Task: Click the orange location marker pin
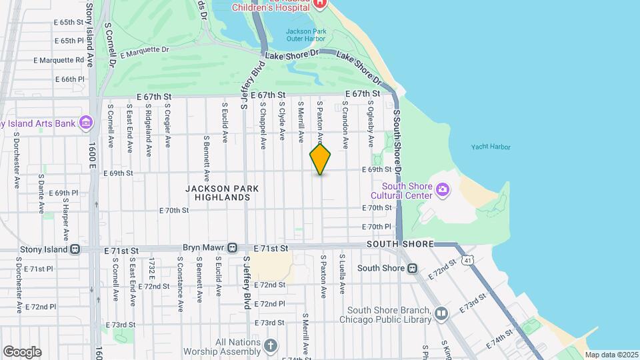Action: [320, 159]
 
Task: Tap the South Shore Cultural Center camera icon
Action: [442, 191]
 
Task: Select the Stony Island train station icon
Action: [75, 249]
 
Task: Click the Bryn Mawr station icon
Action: [232, 248]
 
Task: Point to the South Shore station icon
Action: [412, 269]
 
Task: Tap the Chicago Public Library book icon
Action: [441, 313]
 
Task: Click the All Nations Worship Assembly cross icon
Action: [270, 345]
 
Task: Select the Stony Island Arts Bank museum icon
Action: [85, 123]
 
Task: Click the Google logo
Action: [22, 352]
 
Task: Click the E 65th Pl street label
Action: [69, 41]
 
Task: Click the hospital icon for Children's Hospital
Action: [320, 3]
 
